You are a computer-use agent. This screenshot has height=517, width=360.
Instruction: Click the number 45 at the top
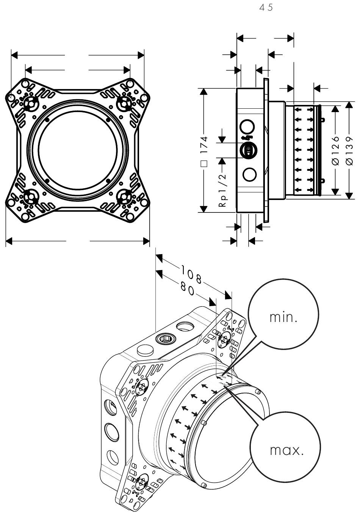tap(266, 8)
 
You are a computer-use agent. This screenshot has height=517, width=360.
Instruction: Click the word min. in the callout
tap(283, 317)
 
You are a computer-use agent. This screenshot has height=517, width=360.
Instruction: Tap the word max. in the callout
tap(286, 450)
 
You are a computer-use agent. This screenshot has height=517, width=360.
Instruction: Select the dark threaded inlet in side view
tap(247, 150)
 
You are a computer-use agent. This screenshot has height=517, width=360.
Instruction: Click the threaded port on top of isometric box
tap(166, 337)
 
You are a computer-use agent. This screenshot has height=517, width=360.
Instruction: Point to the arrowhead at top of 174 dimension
tap(204, 92)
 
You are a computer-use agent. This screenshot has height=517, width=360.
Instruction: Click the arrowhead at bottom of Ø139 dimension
tap(349, 195)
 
